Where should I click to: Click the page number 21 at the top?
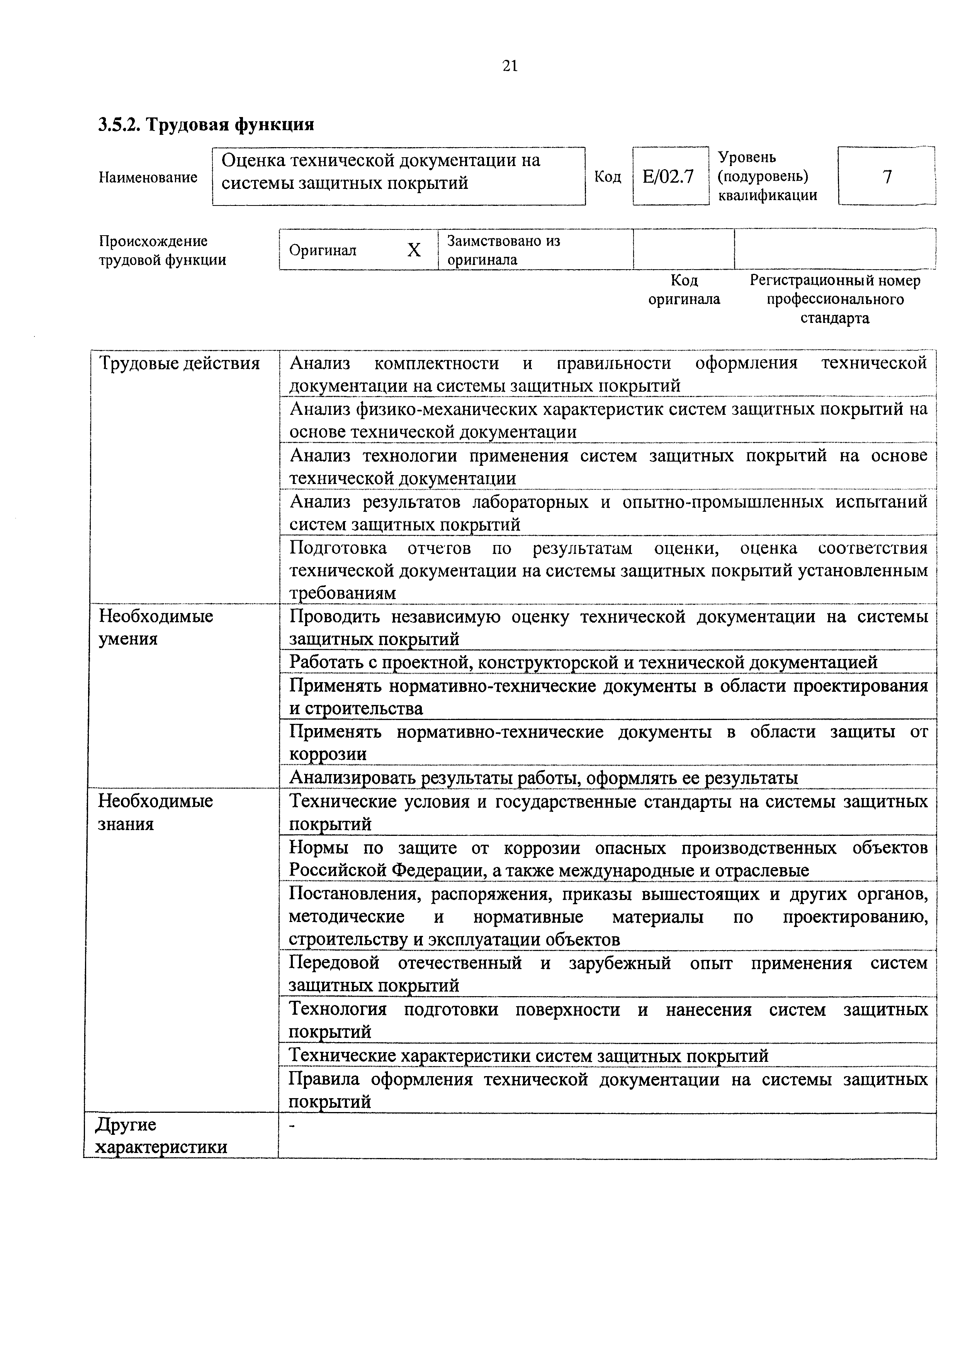(510, 66)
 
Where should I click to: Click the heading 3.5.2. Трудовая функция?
(206, 124)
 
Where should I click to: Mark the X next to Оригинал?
(414, 250)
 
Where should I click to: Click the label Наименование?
(148, 177)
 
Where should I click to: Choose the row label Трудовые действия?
(180, 363)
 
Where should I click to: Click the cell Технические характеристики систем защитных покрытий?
(529, 1055)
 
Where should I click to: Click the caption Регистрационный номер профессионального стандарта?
(835, 299)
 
